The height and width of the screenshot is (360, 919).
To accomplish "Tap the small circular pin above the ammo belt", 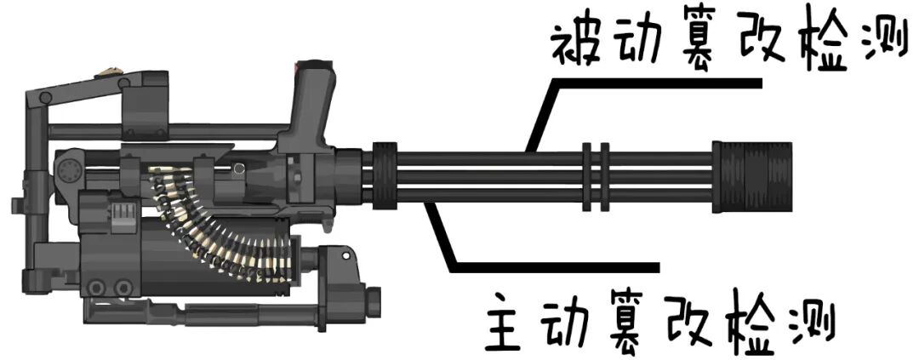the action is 240,169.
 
